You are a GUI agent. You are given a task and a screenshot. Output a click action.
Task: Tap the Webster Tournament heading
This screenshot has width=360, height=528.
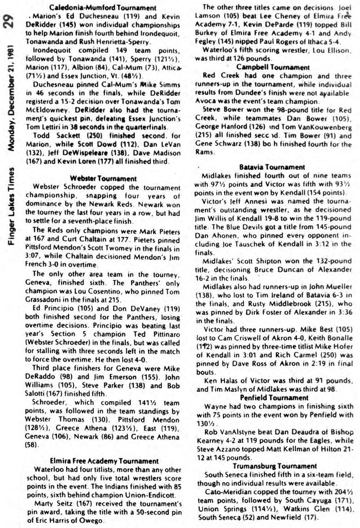(x=103, y=178)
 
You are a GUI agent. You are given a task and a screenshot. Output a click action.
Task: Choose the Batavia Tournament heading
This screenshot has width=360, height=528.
(x=272, y=167)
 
